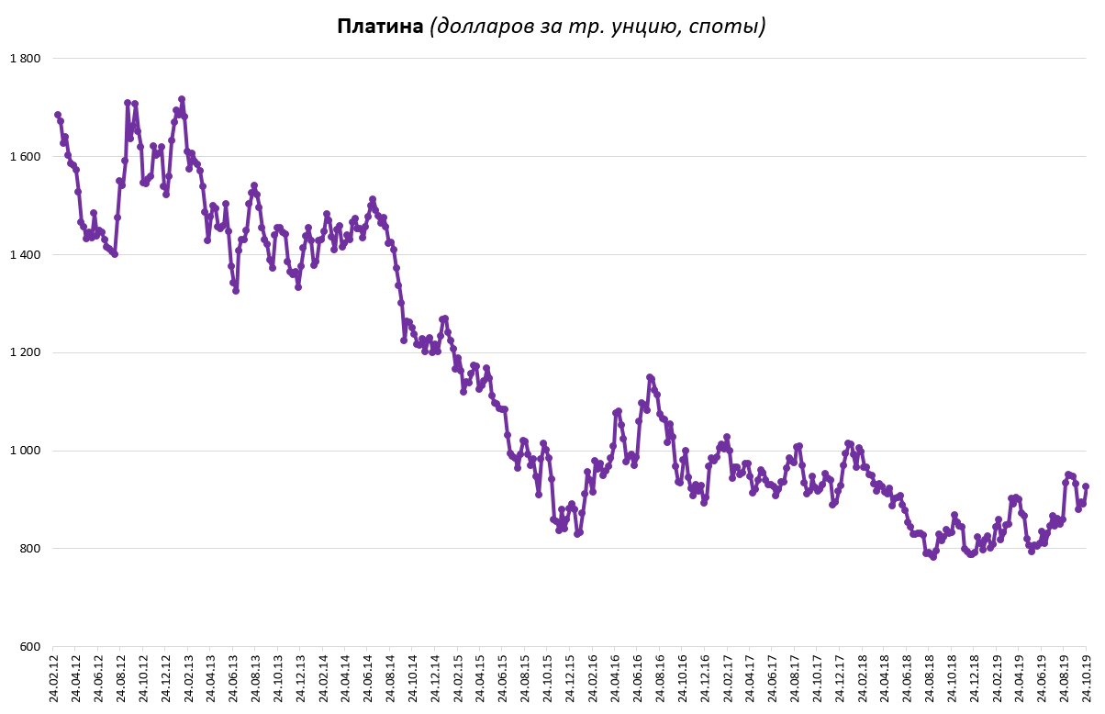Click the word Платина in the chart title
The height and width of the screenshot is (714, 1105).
tap(380, 27)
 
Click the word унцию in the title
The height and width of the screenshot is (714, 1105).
tap(648, 28)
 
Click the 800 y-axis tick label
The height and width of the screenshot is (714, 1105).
tap(29, 549)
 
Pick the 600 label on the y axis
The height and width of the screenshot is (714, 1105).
tap(29, 647)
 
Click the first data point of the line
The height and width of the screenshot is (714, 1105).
tap(58, 115)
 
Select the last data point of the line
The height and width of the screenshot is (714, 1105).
tap(1086, 486)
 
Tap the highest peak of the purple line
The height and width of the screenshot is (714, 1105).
tap(182, 99)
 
